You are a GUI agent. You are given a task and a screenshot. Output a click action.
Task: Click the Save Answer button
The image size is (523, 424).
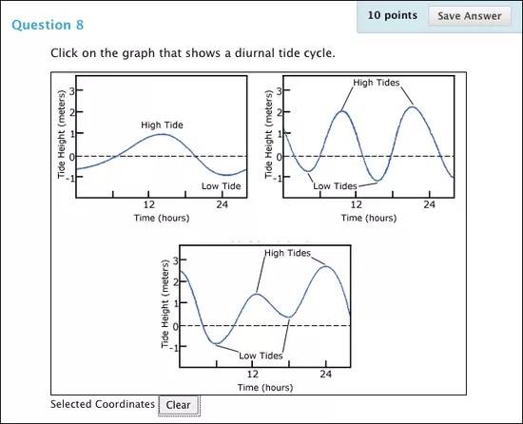[x=470, y=16]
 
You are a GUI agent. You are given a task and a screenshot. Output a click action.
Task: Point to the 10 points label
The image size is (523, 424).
[x=393, y=16]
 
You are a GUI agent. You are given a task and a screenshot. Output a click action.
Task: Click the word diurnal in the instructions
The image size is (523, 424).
[x=226, y=52]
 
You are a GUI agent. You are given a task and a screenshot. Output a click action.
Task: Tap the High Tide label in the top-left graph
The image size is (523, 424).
[x=162, y=125]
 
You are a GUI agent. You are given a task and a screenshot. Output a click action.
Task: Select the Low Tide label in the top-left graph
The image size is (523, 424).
[x=222, y=186]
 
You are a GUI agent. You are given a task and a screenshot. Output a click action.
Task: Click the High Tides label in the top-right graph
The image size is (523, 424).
[x=376, y=83]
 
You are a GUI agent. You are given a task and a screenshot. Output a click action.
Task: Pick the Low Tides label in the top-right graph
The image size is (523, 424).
[x=335, y=186]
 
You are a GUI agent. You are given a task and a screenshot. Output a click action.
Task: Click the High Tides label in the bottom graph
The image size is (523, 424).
[x=288, y=253]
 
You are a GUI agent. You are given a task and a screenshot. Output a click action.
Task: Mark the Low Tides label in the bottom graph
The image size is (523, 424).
[x=261, y=356]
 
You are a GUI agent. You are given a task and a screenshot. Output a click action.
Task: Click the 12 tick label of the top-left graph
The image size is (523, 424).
[x=149, y=204]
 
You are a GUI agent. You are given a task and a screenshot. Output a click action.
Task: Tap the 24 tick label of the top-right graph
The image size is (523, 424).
[x=429, y=204]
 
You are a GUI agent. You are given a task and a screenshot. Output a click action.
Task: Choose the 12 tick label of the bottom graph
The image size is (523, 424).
[x=253, y=375]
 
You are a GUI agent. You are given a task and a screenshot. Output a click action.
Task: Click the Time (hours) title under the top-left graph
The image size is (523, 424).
[x=162, y=218]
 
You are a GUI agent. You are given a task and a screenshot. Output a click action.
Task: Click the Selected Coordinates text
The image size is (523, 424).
[x=102, y=404]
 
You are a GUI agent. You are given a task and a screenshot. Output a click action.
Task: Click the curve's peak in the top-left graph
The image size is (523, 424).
[x=161, y=134]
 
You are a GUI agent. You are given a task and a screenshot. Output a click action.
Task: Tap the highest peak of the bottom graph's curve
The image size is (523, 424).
[x=325, y=266]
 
